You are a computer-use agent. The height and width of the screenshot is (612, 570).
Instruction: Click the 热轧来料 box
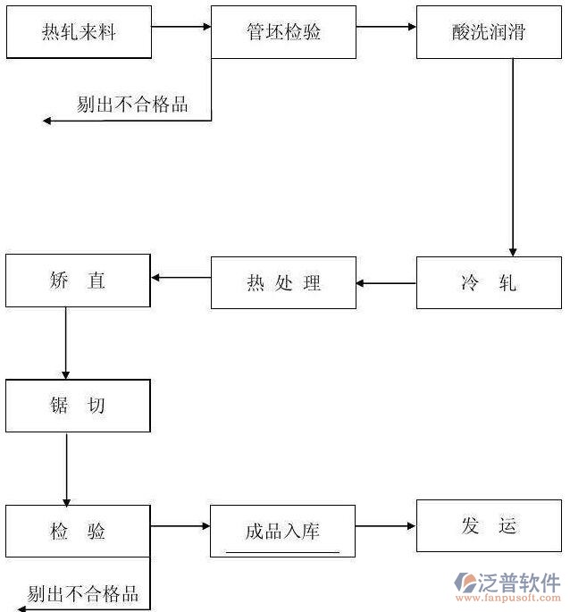78,32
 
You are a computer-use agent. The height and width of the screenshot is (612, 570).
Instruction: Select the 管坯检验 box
283,32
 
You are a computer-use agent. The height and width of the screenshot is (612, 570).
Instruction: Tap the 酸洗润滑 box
489,32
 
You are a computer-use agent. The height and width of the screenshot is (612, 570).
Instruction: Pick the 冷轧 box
489,283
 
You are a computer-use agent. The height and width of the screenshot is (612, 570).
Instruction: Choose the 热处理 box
283,283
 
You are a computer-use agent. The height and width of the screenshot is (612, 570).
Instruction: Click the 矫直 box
78,281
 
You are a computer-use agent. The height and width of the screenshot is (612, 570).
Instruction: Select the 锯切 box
78,406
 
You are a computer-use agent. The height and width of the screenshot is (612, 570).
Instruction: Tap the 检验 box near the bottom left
78,531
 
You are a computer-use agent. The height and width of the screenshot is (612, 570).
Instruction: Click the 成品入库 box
282,531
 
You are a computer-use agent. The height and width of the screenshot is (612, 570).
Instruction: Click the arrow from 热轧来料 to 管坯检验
180,27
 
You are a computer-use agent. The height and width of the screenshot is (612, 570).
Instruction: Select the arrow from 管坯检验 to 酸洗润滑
386,27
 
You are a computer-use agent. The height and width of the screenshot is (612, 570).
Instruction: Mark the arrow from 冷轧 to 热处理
386,284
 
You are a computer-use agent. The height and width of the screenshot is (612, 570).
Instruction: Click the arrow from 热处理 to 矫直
180,278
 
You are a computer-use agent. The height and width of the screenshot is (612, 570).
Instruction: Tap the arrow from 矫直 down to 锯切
66,343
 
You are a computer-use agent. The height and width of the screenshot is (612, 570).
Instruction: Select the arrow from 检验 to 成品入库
180,526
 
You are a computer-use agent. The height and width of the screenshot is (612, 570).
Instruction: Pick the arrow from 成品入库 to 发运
385,526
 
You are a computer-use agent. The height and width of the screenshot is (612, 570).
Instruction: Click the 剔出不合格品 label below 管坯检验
132,105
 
